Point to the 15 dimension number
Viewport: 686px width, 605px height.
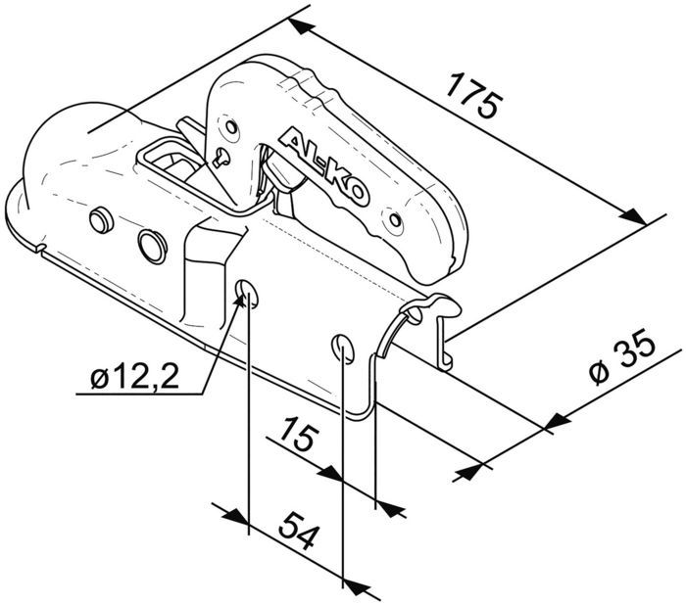coord(297,434)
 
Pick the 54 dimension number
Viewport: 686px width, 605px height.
coord(298,532)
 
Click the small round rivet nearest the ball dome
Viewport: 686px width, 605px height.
coord(100,217)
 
